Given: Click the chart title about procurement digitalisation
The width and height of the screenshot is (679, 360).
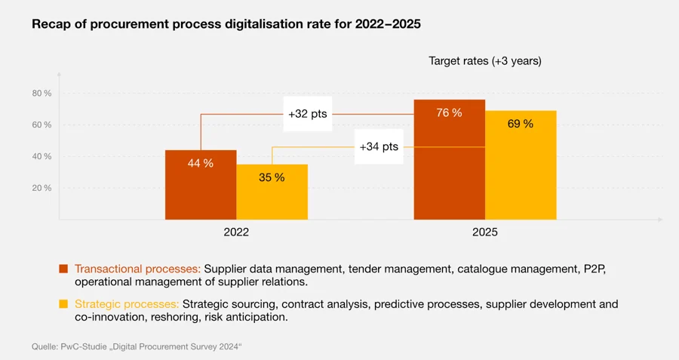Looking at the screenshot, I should (x=226, y=24).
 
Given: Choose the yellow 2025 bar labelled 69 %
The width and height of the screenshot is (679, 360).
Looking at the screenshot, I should (x=520, y=165).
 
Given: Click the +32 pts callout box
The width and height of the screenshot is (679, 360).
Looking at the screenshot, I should (x=308, y=114).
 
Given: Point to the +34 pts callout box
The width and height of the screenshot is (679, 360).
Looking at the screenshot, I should (x=378, y=146).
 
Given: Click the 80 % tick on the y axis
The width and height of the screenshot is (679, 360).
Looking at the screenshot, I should (x=41, y=94).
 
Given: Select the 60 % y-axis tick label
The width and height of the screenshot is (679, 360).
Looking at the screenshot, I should (x=41, y=125).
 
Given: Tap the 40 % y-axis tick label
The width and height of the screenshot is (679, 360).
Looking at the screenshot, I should (x=41, y=157).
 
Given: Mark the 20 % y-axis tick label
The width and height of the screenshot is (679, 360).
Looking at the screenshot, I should (x=41, y=188).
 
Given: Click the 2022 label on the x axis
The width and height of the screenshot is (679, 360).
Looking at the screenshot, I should (x=236, y=233).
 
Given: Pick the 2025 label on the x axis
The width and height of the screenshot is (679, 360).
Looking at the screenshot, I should (x=485, y=233).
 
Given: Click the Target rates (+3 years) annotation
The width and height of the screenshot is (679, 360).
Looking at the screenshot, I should (x=485, y=60).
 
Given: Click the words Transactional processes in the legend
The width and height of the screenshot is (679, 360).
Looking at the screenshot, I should (x=137, y=269).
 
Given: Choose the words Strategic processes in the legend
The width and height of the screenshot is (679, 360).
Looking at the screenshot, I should (x=127, y=304).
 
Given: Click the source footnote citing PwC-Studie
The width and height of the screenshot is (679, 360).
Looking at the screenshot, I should (x=136, y=346).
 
